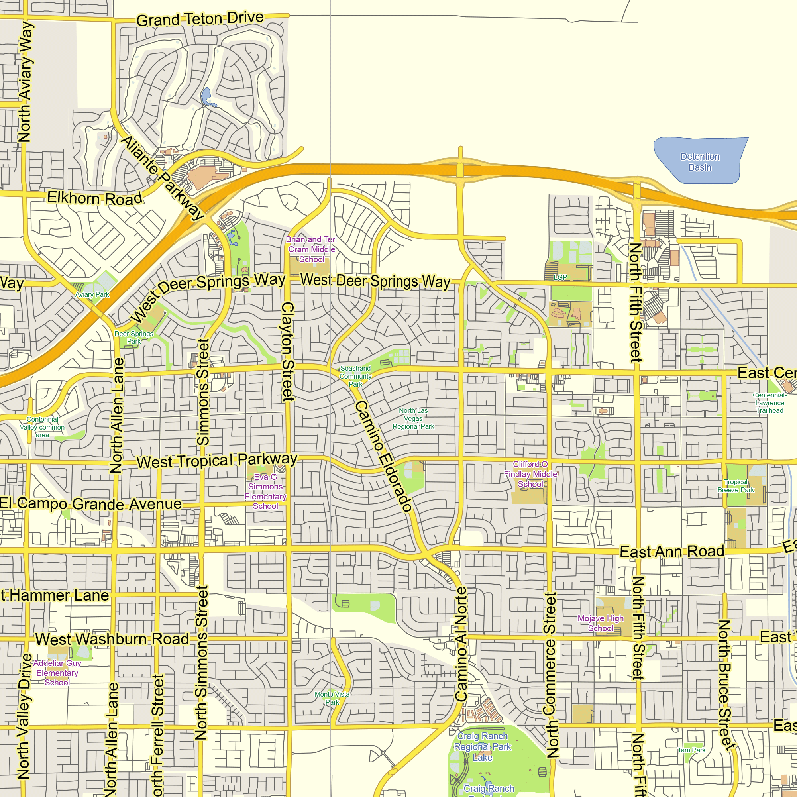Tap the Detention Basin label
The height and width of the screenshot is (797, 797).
pyautogui.click(x=700, y=162)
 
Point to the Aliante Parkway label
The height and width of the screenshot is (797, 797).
pyautogui.click(x=162, y=178)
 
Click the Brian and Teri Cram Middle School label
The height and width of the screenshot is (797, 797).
pyautogui.click(x=312, y=249)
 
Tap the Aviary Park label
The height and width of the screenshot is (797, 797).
pyautogui.click(x=92, y=294)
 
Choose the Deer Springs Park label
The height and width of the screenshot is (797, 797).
pyautogui.click(x=133, y=337)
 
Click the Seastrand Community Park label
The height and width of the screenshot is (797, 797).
pyautogui.click(x=355, y=376)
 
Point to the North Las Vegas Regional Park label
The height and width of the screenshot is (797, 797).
pyautogui.click(x=413, y=418)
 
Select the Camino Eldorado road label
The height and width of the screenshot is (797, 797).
pyautogui.click(x=383, y=456)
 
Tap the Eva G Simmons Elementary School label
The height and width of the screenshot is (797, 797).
pyautogui.click(x=265, y=491)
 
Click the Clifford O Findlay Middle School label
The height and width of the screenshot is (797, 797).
pyautogui.click(x=530, y=474)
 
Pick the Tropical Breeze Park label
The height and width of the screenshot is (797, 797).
pyautogui.click(x=736, y=485)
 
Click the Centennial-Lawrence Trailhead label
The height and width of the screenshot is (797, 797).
pyautogui.click(x=770, y=402)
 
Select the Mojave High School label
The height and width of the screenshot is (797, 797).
pyautogui.click(x=600, y=623)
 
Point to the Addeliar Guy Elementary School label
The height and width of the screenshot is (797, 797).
pyautogui.click(x=57, y=673)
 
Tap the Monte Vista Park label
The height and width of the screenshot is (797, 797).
pyautogui.click(x=332, y=698)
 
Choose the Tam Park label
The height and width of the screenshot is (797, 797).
pyautogui.click(x=691, y=750)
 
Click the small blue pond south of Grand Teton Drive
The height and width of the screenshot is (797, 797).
pyautogui.click(x=206, y=96)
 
